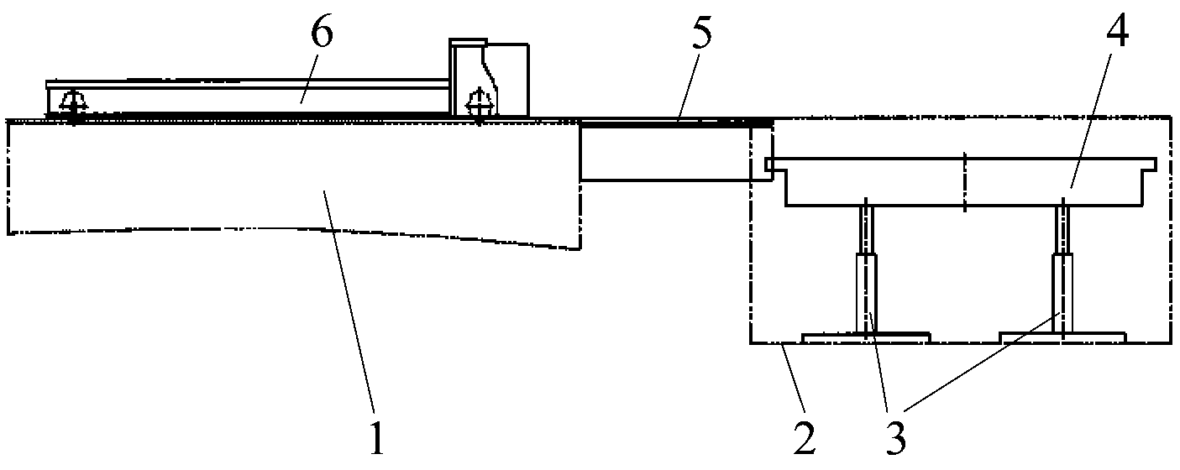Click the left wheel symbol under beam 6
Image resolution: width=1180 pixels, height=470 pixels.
(74, 105)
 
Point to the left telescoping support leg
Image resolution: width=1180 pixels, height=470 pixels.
(867, 269)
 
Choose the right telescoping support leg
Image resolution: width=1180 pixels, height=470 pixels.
(1063, 269)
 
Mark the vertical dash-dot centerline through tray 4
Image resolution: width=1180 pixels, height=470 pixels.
(964, 182)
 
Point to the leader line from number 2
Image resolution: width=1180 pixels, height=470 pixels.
(794, 378)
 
